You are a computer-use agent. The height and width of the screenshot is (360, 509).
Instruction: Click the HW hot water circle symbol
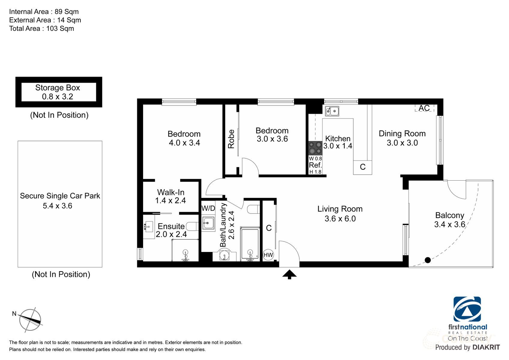268,255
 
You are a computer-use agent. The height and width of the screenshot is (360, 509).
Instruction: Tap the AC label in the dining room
424,108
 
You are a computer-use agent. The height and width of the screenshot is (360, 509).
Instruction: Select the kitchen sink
332,111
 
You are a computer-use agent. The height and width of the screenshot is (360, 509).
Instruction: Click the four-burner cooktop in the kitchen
315,148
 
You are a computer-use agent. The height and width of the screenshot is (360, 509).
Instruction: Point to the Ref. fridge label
315,165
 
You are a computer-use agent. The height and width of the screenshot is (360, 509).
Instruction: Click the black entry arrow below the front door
289,274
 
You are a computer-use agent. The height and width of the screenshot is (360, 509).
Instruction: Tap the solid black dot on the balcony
428,260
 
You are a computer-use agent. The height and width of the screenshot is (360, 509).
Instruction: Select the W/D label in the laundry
208,208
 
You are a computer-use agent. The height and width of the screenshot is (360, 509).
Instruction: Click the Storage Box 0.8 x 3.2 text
58,92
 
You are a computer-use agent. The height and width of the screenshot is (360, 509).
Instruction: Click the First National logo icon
467,309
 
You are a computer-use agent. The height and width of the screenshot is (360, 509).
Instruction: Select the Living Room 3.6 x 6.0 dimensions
340,218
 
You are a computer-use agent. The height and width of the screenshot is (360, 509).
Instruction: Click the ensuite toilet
192,226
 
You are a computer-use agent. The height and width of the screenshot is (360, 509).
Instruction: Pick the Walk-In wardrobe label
171,192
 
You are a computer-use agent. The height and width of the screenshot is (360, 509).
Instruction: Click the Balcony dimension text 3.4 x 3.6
450,224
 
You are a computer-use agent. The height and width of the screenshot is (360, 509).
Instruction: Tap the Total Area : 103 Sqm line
41,28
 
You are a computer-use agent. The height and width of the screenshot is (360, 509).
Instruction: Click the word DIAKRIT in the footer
486,347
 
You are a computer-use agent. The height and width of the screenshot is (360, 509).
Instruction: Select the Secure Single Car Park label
60,196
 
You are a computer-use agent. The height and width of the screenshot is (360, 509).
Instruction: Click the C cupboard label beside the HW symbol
269,228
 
